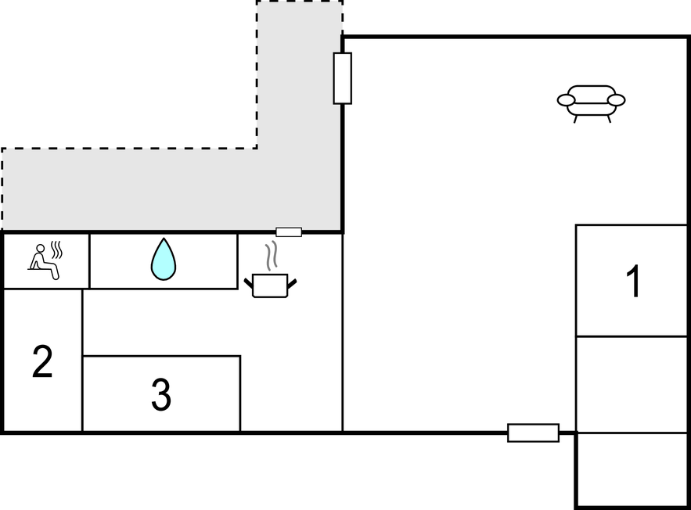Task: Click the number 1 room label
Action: pos(634,282)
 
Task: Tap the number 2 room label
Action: pos(42,361)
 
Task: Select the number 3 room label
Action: pos(161,394)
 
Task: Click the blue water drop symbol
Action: pos(164,259)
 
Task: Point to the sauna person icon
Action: pos(45,261)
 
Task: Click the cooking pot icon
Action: pos(270,286)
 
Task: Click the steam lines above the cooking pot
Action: pos(272,256)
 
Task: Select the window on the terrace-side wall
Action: pos(343,78)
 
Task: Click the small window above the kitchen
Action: pos(289,232)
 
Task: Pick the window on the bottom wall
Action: pos(533,433)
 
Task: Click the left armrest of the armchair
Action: pos(567,100)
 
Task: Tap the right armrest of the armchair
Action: pos(616,100)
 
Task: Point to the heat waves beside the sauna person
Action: pos(57,250)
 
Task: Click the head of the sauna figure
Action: pos(41,249)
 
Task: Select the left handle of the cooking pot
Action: pos(249,283)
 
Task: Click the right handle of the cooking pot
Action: pos(292,283)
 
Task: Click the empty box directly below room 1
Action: pos(632,385)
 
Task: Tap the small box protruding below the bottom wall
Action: pos(632,470)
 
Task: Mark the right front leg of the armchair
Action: pos(609,118)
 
